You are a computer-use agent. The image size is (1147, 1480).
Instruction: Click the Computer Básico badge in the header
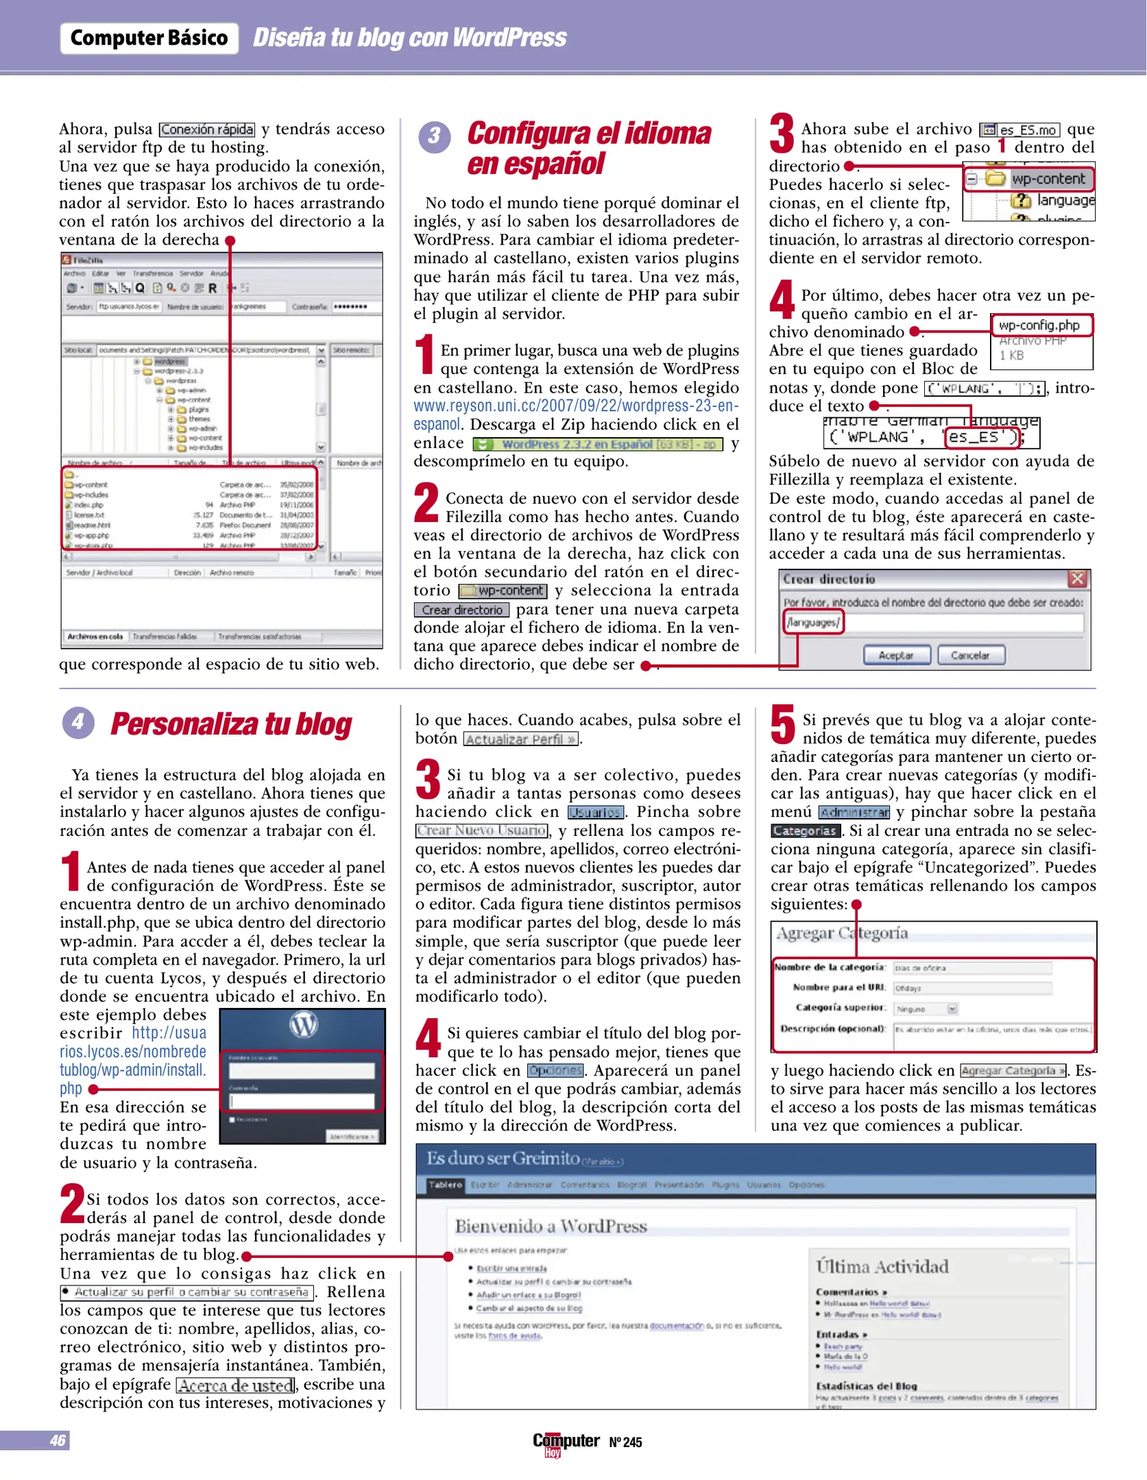pos(149,38)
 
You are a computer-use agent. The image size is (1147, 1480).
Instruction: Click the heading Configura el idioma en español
pos(588,148)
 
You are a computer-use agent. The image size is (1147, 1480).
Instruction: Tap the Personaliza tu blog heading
pos(231,724)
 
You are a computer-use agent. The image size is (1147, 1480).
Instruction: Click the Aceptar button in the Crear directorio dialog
pos(896,655)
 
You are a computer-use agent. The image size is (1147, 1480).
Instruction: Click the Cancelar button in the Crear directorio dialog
pos(970,655)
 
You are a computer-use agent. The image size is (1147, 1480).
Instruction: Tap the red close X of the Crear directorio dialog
pos(1077,579)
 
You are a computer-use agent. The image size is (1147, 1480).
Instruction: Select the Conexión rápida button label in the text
pos(207,129)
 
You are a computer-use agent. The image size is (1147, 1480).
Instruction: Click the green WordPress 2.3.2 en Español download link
pos(598,444)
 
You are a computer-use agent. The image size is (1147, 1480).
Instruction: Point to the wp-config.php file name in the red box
pos(1039,325)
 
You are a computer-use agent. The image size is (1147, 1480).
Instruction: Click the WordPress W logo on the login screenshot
pos(303,1025)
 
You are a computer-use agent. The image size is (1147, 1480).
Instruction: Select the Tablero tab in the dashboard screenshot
pos(446,1185)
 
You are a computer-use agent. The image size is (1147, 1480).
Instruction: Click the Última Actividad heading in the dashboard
pos(882,1267)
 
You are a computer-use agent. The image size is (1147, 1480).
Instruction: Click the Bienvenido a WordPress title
pos(551,1226)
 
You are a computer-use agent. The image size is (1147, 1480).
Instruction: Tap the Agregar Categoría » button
pos(1013,1071)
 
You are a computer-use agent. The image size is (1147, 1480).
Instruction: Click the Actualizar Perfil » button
pos(520,739)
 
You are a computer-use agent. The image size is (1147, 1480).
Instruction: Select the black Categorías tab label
pos(805,831)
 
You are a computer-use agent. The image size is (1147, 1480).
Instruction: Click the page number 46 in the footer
pos(57,1440)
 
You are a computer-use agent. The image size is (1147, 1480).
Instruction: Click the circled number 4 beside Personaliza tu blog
pos(78,723)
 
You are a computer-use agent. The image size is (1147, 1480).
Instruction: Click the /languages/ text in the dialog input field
pos(812,622)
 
